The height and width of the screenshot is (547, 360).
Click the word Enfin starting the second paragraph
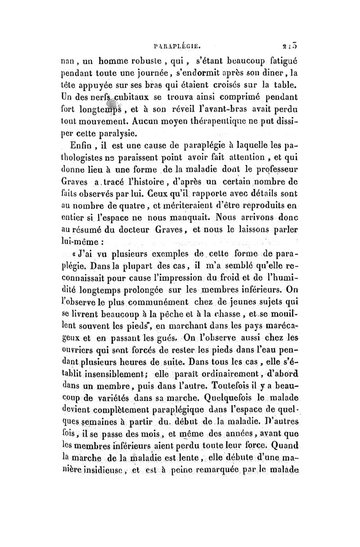point(82,147)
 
